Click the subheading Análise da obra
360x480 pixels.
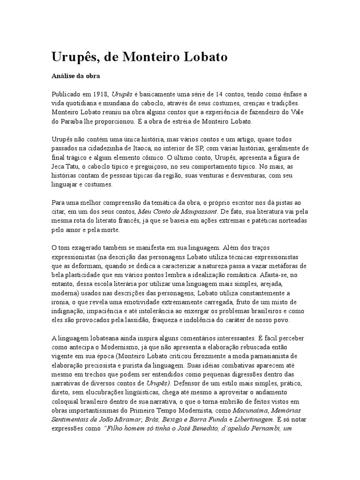[x=75, y=75]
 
